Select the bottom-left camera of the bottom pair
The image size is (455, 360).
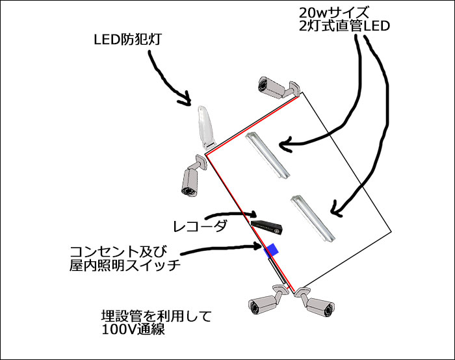tap(266, 302)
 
